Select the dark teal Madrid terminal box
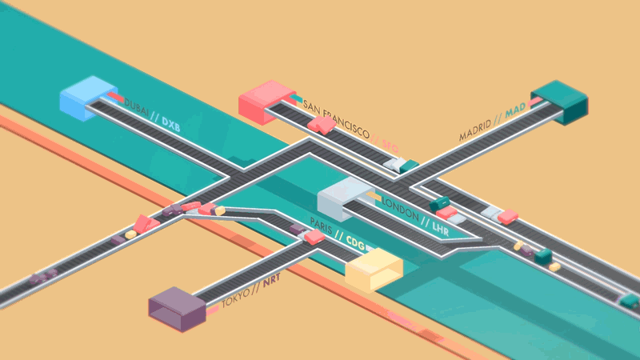(x=560, y=101)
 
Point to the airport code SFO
(x=390, y=146)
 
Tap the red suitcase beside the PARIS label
(x=314, y=237)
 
